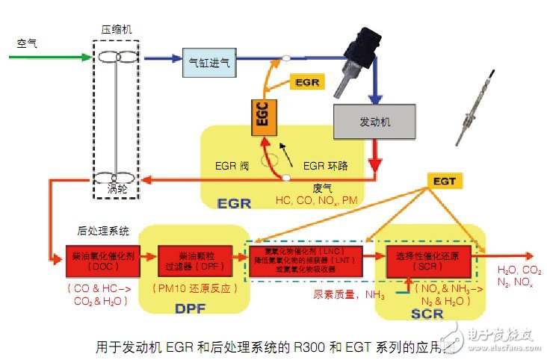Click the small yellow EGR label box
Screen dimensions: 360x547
pyautogui.click(x=307, y=81)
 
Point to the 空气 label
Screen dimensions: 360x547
pyautogui.click(x=27, y=43)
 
